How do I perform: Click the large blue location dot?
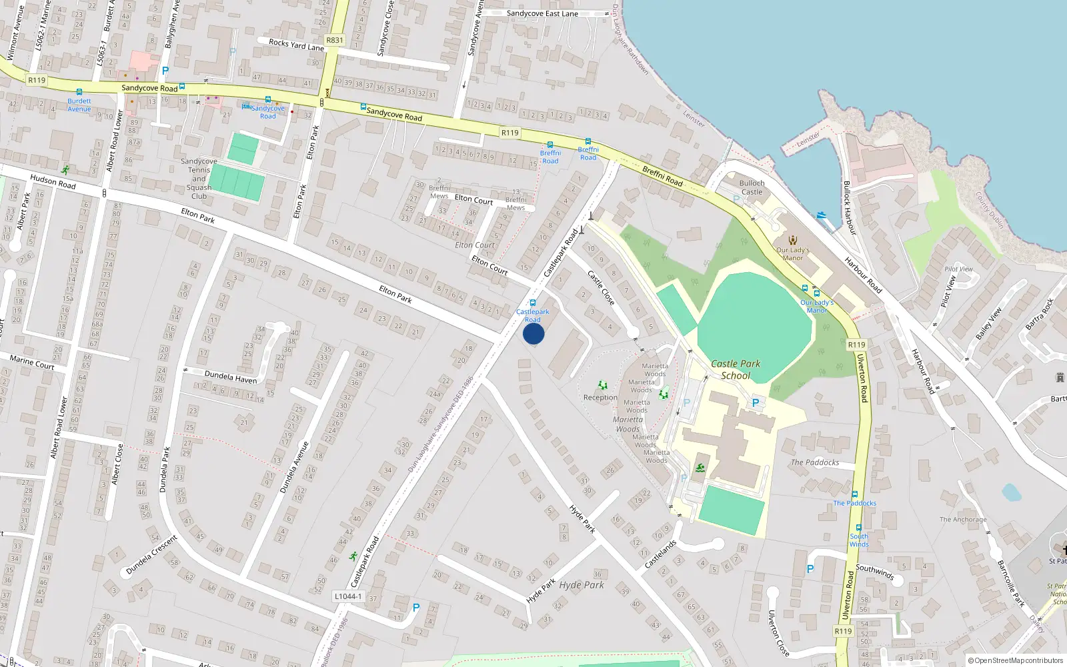(533, 333)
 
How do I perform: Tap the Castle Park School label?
(736, 370)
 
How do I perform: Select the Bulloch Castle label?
(752, 187)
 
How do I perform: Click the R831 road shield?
(335, 40)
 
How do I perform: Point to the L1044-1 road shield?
(348, 596)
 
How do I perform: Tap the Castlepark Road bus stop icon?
(532, 303)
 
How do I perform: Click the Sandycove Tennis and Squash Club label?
(199, 179)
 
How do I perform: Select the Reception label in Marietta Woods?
(600, 398)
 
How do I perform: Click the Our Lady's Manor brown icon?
(792, 240)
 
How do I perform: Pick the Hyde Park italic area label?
(582, 585)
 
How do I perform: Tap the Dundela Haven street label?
(231, 378)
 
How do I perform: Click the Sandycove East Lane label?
(542, 13)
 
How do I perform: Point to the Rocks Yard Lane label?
(296, 45)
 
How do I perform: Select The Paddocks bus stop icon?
(854, 494)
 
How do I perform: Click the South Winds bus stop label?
(859, 540)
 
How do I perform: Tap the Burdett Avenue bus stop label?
(79, 105)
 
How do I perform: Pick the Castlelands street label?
(660, 554)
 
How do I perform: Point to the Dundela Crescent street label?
(152, 555)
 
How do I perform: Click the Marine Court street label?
(32, 363)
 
